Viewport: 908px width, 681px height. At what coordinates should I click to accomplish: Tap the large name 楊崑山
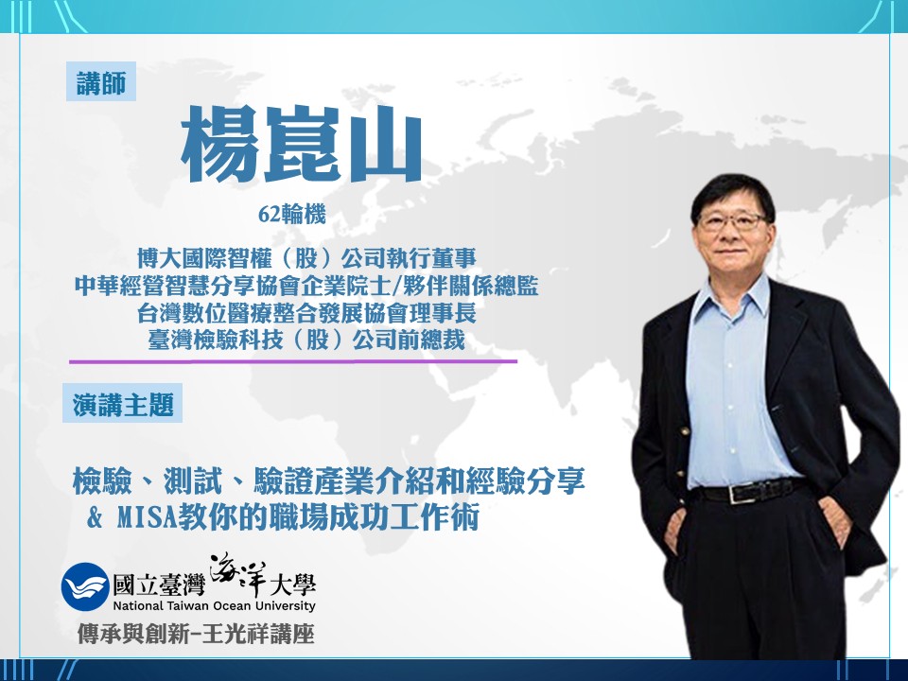301,145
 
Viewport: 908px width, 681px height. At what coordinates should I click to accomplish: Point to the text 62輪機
291,215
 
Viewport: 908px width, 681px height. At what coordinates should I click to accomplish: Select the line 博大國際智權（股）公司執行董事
306,256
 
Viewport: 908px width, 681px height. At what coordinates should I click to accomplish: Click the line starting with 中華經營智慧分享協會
306,284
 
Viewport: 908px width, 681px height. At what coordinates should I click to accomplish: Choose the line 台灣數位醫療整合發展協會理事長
306,311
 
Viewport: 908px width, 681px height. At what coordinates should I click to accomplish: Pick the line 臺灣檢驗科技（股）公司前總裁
306,339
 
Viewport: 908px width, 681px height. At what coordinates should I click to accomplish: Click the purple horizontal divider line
293,361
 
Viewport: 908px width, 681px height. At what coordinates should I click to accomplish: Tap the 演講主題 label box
123,404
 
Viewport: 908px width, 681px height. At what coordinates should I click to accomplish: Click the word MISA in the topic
152,518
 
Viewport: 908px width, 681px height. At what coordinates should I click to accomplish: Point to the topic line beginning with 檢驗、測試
328,482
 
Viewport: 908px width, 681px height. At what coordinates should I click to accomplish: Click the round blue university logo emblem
85,587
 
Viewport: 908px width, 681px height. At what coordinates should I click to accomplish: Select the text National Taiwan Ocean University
214,606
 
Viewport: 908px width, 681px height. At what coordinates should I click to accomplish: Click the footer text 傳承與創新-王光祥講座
196,635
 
